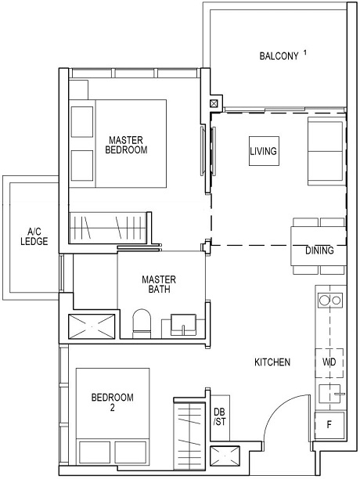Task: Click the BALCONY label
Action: point(278,56)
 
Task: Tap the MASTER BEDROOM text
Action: point(126,145)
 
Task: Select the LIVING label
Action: point(263,151)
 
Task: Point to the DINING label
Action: point(319,251)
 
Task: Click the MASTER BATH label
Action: point(159,284)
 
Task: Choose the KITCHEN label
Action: point(272,363)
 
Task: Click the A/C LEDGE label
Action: point(33,237)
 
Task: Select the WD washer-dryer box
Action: point(329,363)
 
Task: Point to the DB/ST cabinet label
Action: point(219,417)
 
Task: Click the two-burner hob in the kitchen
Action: point(329,300)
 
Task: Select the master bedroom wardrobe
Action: point(109,229)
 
